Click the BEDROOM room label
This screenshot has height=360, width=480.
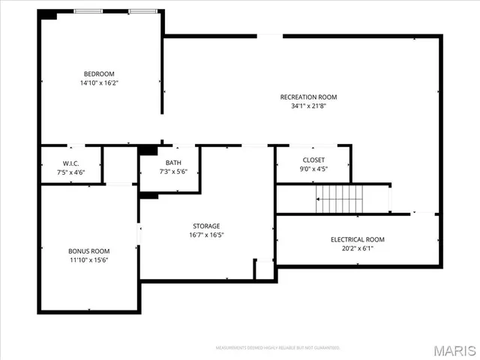click(x=99, y=73)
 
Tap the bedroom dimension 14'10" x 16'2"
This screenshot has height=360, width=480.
click(x=99, y=82)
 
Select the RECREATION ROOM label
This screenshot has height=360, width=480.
click(x=308, y=97)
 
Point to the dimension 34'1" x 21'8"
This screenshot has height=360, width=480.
click(x=308, y=106)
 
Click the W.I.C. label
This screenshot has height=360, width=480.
click(x=70, y=163)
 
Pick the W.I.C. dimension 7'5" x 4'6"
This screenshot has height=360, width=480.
click(x=70, y=172)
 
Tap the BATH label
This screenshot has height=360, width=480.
click(x=173, y=163)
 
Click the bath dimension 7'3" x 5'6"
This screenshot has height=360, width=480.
click(x=173, y=172)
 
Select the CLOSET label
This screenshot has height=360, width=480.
click(x=313, y=160)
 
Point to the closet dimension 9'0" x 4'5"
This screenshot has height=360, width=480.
click(x=313, y=169)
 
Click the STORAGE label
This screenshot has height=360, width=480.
click(x=206, y=226)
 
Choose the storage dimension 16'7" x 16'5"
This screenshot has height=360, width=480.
click(x=206, y=235)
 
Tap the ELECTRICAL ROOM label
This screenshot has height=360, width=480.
click(x=357, y=239)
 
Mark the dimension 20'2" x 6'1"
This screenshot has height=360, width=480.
click(x=357, y=248)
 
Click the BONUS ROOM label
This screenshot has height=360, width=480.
click(x=89, y=250)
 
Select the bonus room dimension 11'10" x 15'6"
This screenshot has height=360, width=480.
click(x=89, y=259)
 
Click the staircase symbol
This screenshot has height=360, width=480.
click(x=340, y=199)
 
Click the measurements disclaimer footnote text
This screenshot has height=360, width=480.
click(x=277, y=348)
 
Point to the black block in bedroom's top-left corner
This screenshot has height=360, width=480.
click(x=49, y=15)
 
